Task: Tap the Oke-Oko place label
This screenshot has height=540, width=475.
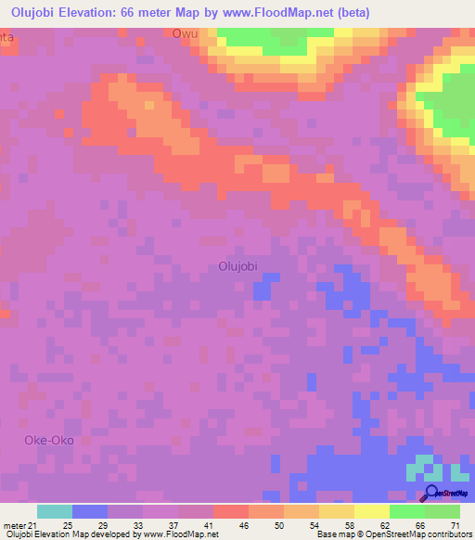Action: [x=48, y=440]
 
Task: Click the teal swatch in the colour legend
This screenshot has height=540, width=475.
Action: [x=55, y=511]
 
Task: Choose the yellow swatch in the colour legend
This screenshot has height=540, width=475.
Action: [x=372, y=511]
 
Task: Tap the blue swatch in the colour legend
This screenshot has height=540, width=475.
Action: [x=90, y=511]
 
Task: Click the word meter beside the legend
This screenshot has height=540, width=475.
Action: [x=14, y=525]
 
